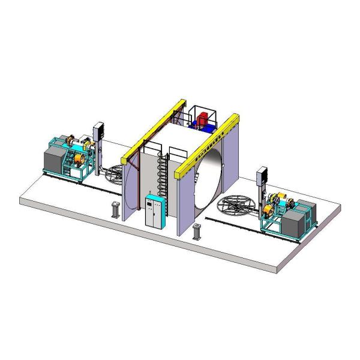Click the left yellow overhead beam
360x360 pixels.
150,129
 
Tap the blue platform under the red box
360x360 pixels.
197,127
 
